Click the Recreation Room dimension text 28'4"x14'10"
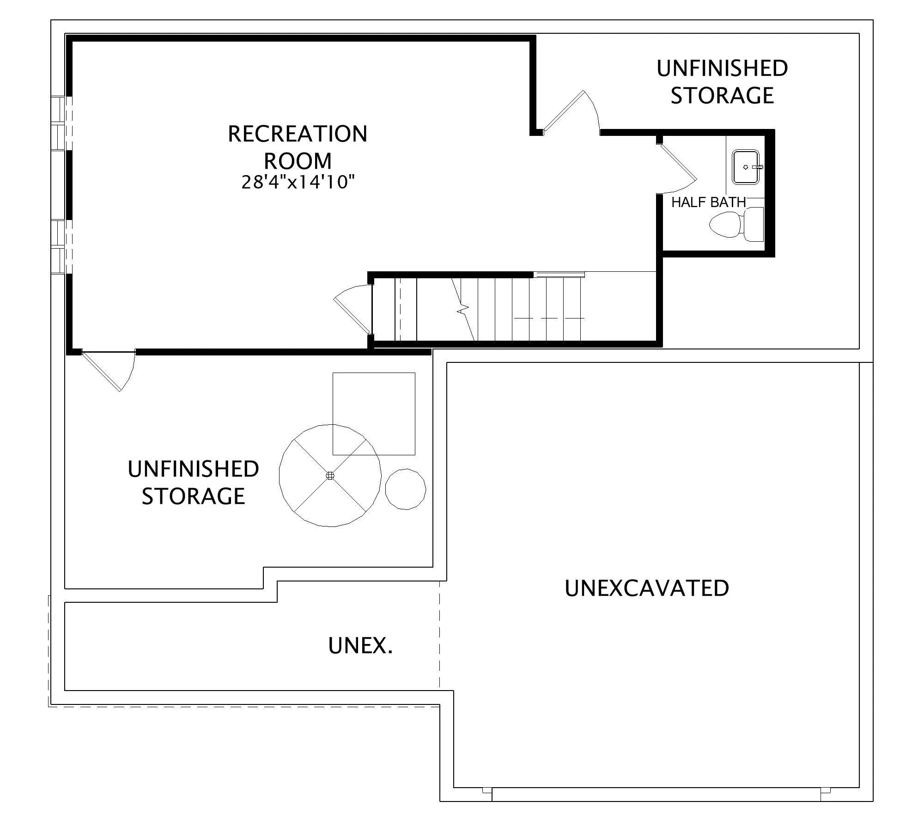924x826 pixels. click(298, 182)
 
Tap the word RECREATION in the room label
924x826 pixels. click(298, 134)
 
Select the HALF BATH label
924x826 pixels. click(708, 202)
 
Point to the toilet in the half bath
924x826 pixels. click(736, 225)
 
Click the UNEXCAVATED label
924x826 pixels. click(647, 588)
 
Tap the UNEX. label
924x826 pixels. click(360, 645)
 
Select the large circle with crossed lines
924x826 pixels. click(330, 475)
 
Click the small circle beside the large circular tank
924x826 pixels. click(406, 489)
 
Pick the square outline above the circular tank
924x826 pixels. click(374, 414)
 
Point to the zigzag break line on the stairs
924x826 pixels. click(463, 309)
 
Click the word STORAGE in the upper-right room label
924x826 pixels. click(722, 95)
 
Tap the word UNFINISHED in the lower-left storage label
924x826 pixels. click(193, 469)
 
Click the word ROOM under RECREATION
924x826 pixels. click(298, 161)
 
